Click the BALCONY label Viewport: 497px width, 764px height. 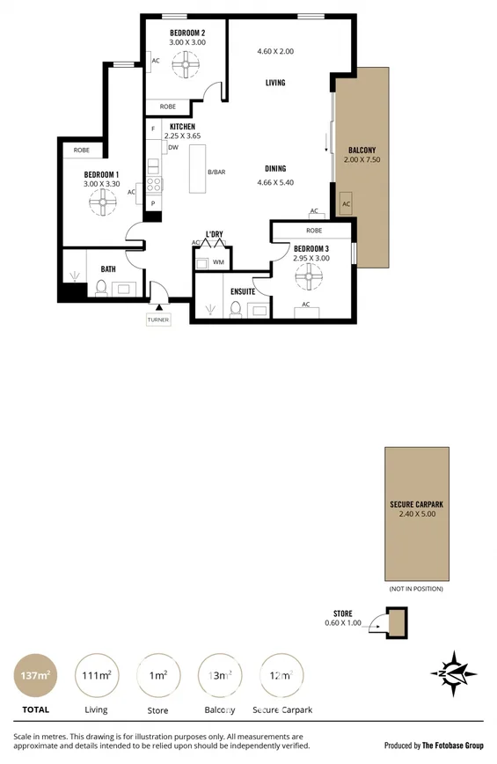click(x=362, y=151)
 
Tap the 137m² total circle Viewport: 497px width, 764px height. click(x=35, y=676)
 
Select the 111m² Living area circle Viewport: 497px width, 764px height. click(x=96, y=676)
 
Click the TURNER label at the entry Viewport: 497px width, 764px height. click(x=158, y=320)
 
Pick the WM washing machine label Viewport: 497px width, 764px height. click(x=217, y=262)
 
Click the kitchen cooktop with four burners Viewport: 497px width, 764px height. click(x=154, y=185)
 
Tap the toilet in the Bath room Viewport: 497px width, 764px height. click(x=101, y=288)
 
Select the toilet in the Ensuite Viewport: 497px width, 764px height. click(x=235, y=309)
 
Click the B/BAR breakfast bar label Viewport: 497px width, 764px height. click(x=216, y=172)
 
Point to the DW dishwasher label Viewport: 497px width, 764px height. click(x=173, y=148)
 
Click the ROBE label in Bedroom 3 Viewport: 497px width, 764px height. click(x=314, y=231)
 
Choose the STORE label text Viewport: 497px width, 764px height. click(x=343, y=613)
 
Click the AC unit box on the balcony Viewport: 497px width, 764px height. click(x=346, y=203)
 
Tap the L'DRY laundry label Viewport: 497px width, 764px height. click(x=214, y=234)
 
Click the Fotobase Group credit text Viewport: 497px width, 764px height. click(x=434, y=745)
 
